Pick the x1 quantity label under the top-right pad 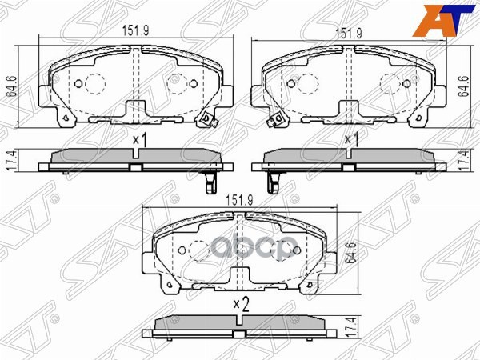[350, 139]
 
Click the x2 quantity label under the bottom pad [239, 304]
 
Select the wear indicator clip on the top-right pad [277, 120]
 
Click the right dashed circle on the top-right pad [393, 83]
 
